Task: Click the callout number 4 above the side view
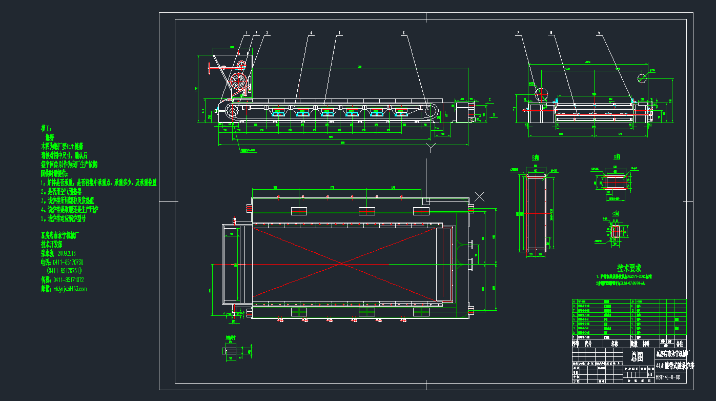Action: pyautogui.click(x=311, y=33)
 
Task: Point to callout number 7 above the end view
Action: pyautogui.click(x=518, y=33)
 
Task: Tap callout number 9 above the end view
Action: pyautogui.click(x=599, y=33)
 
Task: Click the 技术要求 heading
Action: pyautogui.click(x=628, y=268)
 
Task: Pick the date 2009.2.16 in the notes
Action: pyautogui.click(x=67, y=253)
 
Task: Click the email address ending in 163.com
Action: pyautogui.click(x=64, y=289)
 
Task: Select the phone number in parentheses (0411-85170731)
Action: pyautogui.click(x=65, y=271)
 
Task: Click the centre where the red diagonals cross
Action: pyautogui.click(x=341, y=264)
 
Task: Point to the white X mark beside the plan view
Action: pyautogui.click(x=480, y=196)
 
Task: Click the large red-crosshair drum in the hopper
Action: pyautogui.click(x=238, y=81)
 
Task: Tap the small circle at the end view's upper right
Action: pyautogui.click(x=642, y=78)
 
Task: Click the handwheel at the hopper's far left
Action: pyautogui.click(x=210, y=68)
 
